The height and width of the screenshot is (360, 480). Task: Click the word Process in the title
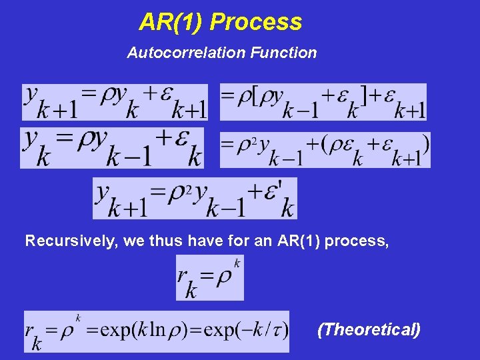[x=256, y=22]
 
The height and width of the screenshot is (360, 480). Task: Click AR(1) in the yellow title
[x=171, y=22]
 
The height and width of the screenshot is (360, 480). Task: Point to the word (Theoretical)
[x=369, y=329]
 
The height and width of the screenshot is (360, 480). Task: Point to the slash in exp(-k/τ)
[x=266, y=330]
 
